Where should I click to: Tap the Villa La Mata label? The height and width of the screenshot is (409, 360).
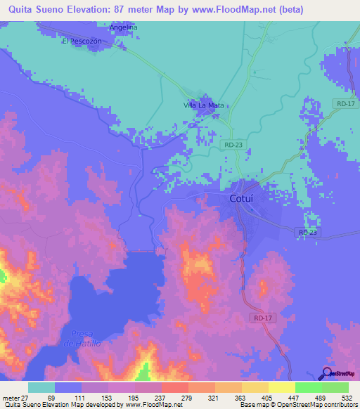[204, 105]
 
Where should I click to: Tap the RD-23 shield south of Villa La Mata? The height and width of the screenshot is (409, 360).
[234, 144]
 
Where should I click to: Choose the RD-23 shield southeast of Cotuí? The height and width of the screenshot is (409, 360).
[308, 231]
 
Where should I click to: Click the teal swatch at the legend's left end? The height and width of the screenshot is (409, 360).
[41, 387]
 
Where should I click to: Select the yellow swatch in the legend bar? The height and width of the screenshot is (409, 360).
[282, 387]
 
